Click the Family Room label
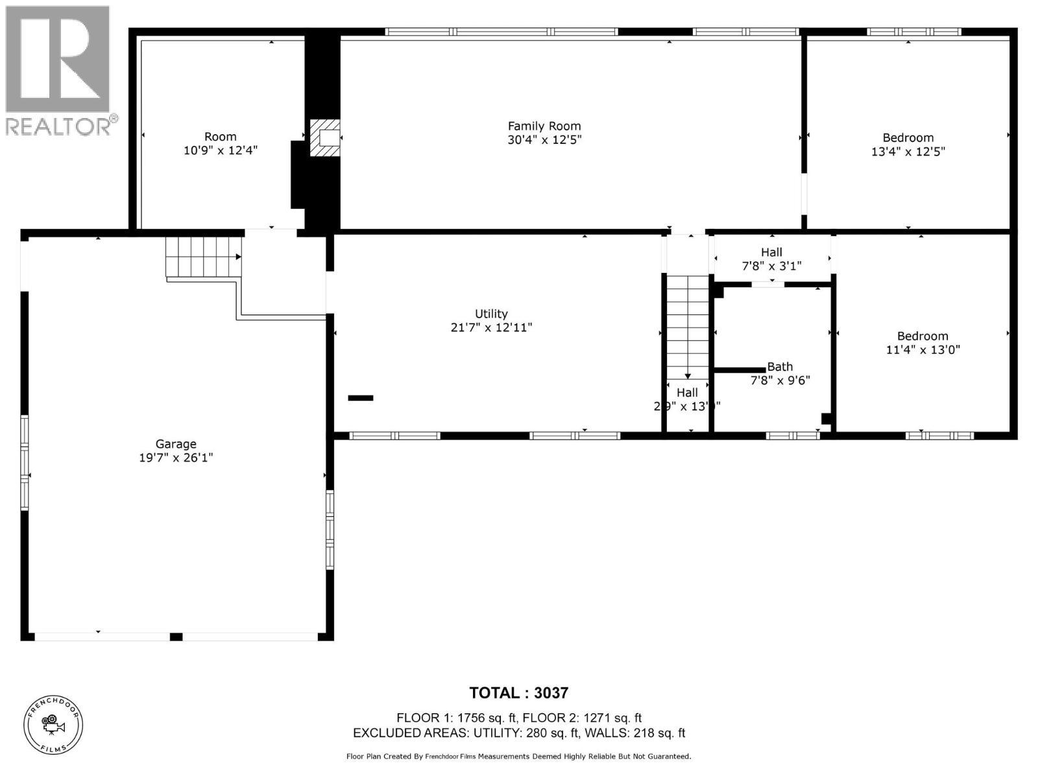544,126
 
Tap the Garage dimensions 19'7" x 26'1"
176,458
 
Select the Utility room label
491,314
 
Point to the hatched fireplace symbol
324,137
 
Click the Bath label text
780,367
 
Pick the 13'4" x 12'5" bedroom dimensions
908,152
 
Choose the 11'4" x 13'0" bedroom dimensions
923,350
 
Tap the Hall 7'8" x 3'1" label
771,259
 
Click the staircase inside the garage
203,257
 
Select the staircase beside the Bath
687,324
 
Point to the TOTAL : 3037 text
518,693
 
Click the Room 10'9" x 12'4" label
220,143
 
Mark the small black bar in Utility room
361,398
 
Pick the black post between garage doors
176,637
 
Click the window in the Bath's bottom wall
793,436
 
